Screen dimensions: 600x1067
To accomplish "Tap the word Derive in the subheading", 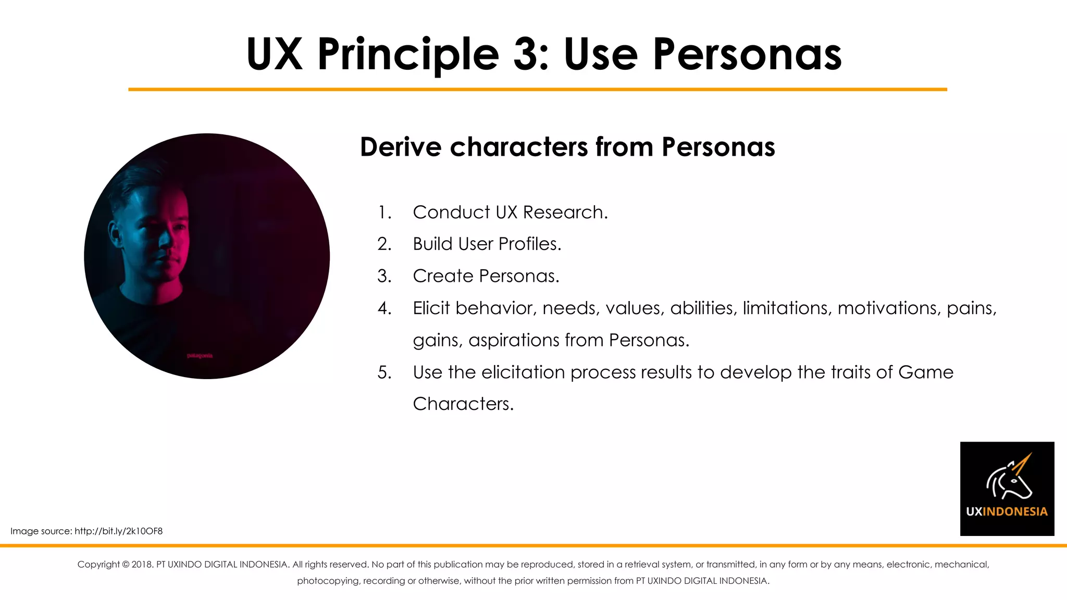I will coord(401,147).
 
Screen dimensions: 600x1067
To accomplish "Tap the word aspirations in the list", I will coord(514,341).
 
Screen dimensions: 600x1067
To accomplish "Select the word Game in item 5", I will coord(926,372).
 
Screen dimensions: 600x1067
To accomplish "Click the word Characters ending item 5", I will coord(463,404).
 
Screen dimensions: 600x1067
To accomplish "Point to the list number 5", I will coord(384,373).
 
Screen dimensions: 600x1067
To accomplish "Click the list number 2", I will coord(384,244).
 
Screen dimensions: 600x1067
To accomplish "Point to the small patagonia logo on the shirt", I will coord(200,356).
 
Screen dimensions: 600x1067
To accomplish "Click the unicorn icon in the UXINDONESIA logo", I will coord(1009,477).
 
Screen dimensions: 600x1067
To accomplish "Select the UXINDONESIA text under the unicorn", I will coord(1007,511).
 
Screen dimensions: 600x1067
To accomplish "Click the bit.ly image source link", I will coord(118,531).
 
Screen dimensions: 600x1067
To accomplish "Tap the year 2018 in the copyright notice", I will coord(142,565).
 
